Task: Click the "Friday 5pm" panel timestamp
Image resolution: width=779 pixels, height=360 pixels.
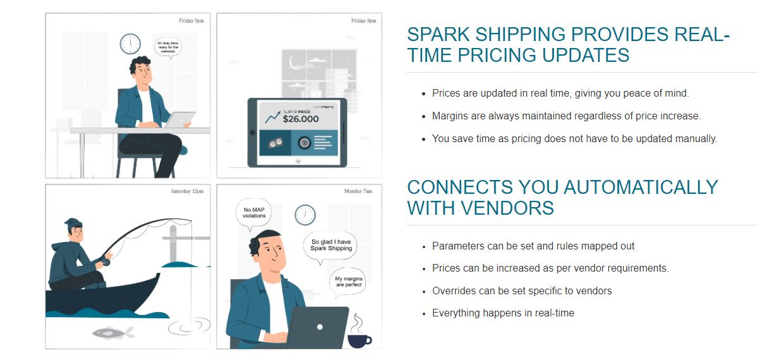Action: coord(191,21)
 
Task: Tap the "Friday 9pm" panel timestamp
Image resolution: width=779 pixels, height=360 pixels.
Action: coord(363,21)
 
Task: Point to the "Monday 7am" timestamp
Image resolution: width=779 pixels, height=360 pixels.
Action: coord(358,191)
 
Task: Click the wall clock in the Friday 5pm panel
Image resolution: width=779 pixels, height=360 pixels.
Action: coord(130,44)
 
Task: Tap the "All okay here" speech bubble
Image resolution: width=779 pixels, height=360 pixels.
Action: coord(168,47)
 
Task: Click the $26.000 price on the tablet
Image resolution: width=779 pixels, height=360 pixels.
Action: coord(300,118)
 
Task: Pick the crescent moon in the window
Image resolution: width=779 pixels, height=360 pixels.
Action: coord(294,61)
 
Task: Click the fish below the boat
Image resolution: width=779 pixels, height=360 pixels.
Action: coord(113,332)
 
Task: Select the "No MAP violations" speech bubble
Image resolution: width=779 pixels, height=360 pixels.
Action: coord(254,212)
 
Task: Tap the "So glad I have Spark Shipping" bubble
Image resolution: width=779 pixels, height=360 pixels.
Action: coord(330,245)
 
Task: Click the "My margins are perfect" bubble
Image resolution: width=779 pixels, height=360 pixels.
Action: coord(348,282)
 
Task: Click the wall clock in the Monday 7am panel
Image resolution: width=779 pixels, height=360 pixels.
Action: coord(305,215)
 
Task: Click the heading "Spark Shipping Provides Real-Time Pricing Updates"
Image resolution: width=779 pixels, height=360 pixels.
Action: coord(568,44)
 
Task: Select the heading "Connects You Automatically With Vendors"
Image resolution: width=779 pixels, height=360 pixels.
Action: coord(562,197)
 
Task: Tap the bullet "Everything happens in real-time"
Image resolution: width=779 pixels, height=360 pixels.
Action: coord(503,313)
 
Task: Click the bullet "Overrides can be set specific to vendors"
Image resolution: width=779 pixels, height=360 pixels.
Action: coord(522,291)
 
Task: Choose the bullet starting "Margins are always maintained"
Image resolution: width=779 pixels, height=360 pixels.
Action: coord(566,116)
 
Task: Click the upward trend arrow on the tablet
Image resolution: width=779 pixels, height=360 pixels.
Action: coord(273,116)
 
